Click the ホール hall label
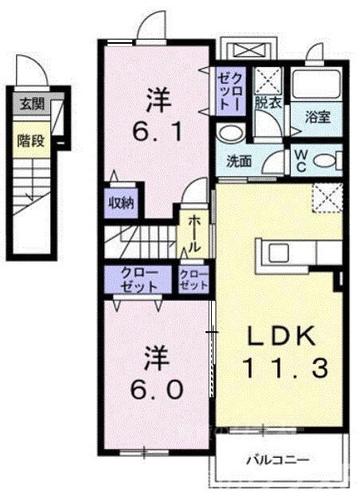coord(194,232)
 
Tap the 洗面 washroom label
coord(239,160)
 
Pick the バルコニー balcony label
coord(277,459)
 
